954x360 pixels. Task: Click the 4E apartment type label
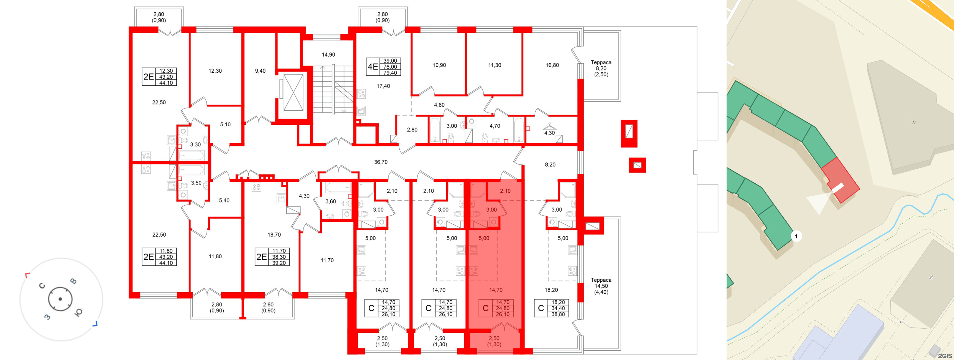click(373, 67)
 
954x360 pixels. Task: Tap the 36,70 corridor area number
click(381, 162)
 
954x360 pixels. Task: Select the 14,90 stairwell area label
click(328, 55)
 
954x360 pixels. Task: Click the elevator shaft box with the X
click(293, 92)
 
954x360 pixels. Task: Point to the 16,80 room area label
click(552, 65)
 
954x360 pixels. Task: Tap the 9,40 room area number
click(260, 71)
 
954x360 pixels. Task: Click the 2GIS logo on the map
click(945, 356)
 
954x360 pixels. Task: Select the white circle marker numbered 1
click(796, 236)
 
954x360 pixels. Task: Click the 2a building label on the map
click(914, 123)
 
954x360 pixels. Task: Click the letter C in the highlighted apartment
click(485, 308)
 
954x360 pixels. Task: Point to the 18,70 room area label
click(274, 235)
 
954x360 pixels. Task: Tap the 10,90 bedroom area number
click(439, 65)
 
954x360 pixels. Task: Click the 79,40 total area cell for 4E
click(390, 73)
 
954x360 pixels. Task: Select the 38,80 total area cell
click(558, 314)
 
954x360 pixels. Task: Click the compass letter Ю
click(78, 312)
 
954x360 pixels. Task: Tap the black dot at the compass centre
click(60, 299)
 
